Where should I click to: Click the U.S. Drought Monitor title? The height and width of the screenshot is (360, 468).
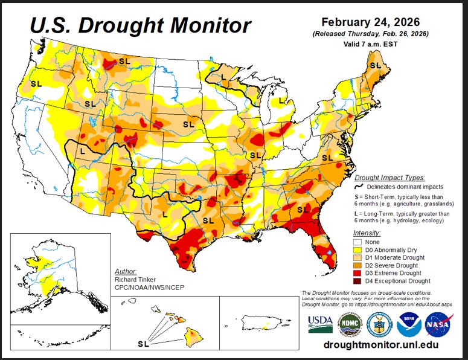click(x=140, y=25)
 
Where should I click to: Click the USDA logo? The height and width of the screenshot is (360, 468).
click(x=320, y=324)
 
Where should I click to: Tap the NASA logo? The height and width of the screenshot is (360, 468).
click(x=437, y=324)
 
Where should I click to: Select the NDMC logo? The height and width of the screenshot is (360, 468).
click(x=348, y=324)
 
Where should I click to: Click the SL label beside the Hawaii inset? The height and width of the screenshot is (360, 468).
click(x=143, y=343)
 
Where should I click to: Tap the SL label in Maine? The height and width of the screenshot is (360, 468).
click(x=375, y=65)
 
